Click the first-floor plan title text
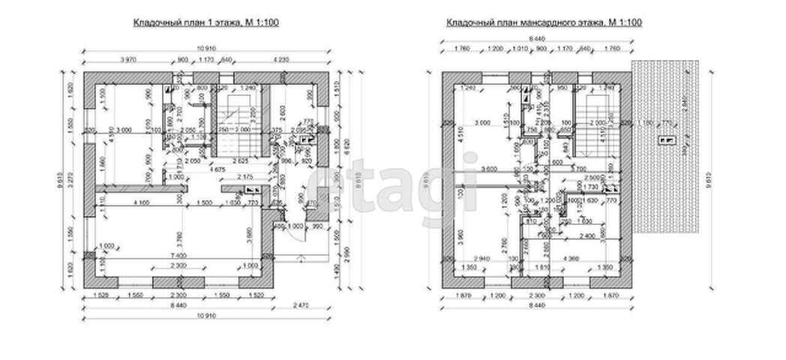click(206, 23)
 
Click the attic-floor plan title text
click(544, 23)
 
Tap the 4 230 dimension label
click(280, 60)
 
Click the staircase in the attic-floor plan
click(596, 120)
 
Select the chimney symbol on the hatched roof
click(665, 140)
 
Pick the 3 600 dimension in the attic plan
click(491, 169)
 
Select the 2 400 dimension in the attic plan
click(589, 235)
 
